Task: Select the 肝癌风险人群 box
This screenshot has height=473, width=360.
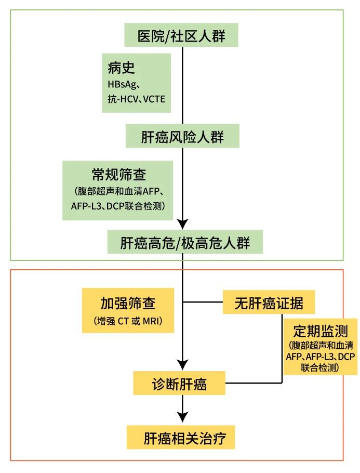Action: pos(182,137)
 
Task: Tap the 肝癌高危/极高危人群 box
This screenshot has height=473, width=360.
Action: pos(182,242)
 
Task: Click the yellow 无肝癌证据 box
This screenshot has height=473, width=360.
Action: pos(269,302)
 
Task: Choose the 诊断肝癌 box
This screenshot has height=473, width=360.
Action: pos(179,385)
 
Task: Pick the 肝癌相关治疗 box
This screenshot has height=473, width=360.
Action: pos(182,438)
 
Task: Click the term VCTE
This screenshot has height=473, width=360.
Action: pos(154,98)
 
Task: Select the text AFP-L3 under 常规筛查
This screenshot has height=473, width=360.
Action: pos(85,206)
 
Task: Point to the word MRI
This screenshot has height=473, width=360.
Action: pos(152,321)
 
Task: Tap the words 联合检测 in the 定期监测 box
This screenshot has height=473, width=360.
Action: pos(320,367)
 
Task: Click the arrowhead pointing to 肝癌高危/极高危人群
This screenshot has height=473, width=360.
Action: pos(182,224)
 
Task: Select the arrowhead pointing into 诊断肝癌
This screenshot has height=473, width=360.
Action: pos(182,364)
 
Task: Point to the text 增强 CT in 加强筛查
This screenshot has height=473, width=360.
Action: pos(112,321)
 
